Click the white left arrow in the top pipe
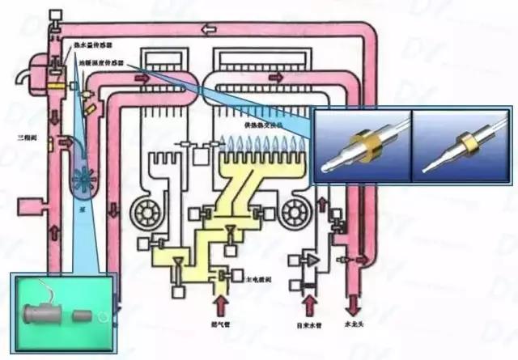pyautogui.click(x=209, y=31)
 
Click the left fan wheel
pyautogui.click(x=148, y=212)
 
